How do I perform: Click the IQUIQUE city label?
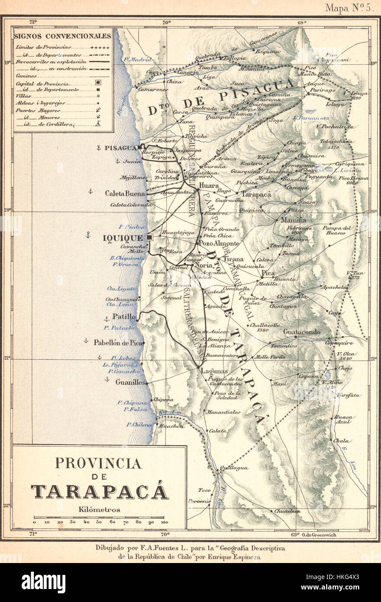123,238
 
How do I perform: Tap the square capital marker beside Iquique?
149,237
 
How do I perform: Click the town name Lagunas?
213,371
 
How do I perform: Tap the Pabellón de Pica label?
118,342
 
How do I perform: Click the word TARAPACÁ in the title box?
99,492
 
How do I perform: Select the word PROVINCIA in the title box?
98,464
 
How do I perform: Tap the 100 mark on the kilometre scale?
165,522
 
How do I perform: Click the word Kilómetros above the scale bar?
99,510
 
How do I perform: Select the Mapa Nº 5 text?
349,8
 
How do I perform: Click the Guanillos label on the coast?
130,382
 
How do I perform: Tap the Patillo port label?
123,317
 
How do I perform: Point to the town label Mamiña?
293,220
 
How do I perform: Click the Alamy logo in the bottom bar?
43,583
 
